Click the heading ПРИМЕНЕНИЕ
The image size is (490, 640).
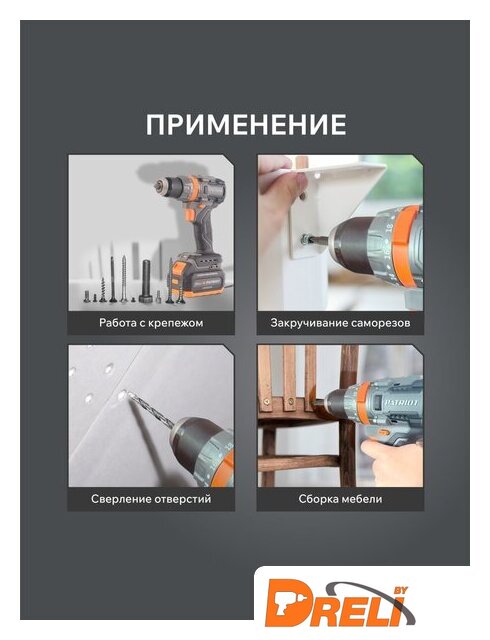tap(246, 124)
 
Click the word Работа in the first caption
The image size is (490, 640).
tap(114, 323)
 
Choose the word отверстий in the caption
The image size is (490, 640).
tap(183, 499)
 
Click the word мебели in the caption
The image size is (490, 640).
tap(362, 499)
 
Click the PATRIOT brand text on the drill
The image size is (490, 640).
tap(401, 403)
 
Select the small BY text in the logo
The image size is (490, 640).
tap(399, 590)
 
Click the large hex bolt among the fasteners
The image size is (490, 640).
tap(146, 281)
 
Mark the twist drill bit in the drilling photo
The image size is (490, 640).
tap(151, 411)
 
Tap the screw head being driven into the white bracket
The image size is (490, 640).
tap(305, 240)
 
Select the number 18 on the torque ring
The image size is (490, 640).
tap(388, 227)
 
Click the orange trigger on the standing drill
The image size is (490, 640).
tap(191, 214)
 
